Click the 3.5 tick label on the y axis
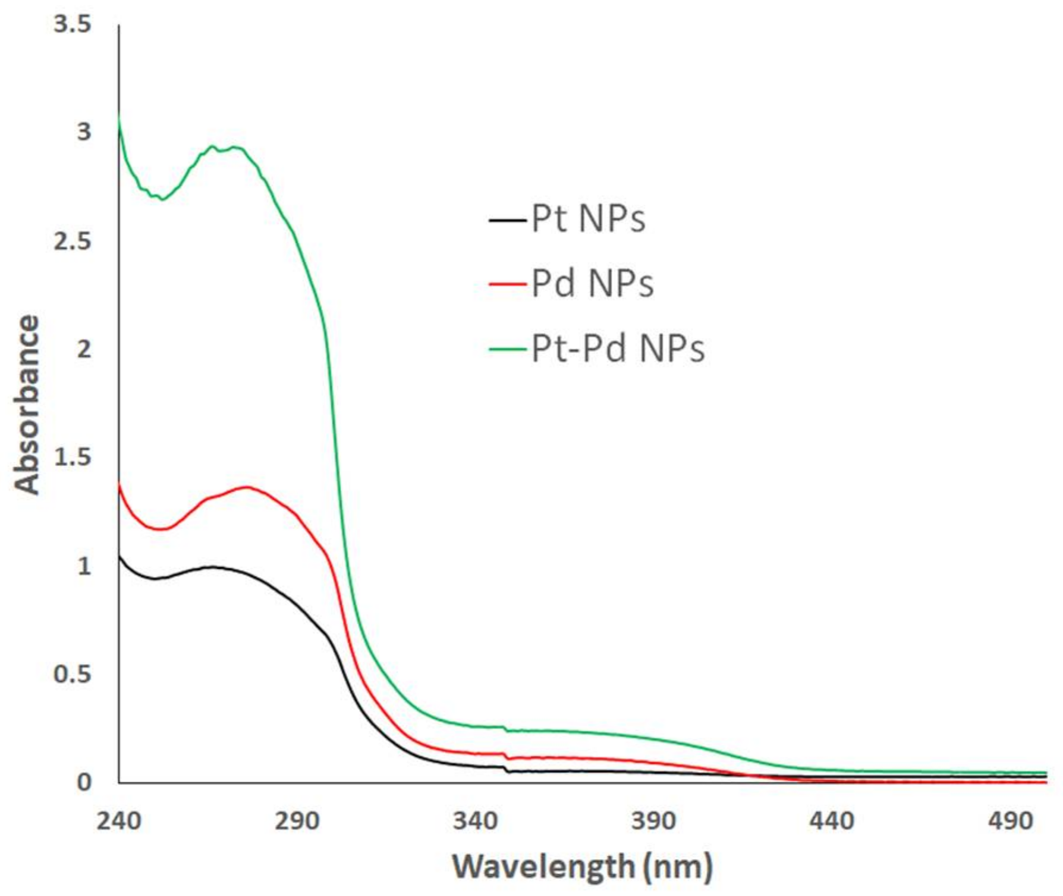pyautogui.click(x=73, y=24)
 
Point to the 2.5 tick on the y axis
pyautogui.click(x=73, y=242)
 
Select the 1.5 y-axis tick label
pyautogui.click(x=73, y=458)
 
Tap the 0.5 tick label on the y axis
pyautogui.click(x=73, y=674)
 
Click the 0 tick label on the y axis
pyautogui.click(x=84, y=782)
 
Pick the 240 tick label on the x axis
pyautogui.click(x=119, y=822)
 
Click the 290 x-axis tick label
pyautogui.click(x=297, y=822)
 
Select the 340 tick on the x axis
pyautogui.click(x=475, y=822)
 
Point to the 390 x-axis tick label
pyautogui.click(x=653, y=822)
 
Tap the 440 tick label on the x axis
pyautogui.click(x=832, y=822)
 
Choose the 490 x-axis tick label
pyautogui.click(x=1010, y=822)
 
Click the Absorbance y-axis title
pyautogui.click(x=27, y=405)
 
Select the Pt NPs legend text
pyautogui.click(x=588, y=219)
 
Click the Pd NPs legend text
pyautogui.click(x=592, y=283)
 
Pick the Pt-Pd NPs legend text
pyautogui.click(x=618, y=348)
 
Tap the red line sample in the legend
pyautogui.click(x=508, y=284)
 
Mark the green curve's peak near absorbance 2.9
pyautogui.click(x=213, y=146)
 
